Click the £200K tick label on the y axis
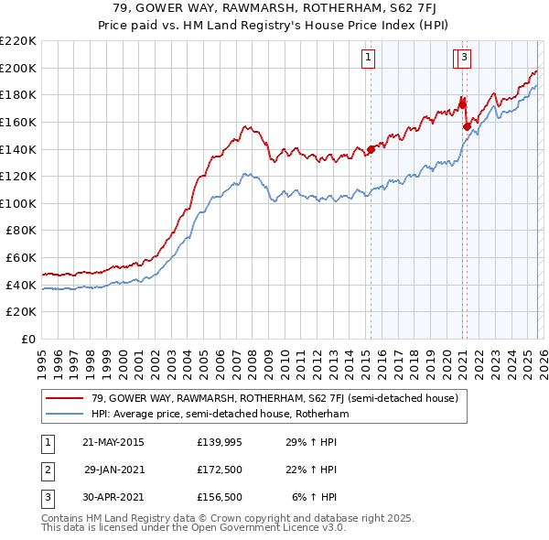pos(18,68)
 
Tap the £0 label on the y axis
pos(28,340)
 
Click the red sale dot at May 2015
pos(371,149)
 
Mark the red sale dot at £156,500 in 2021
pos(467,126)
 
